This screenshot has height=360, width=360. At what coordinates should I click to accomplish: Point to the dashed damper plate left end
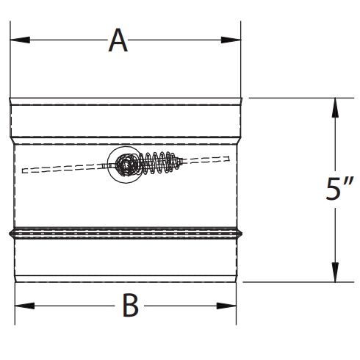pos(24,172)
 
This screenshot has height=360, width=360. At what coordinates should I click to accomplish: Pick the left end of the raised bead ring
pos(10,234)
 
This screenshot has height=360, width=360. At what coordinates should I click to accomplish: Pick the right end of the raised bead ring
pos(243,234)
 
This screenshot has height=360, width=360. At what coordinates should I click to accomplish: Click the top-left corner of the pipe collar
pos(10,98)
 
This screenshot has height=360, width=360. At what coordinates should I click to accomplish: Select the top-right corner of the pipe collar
pos(242,98)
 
